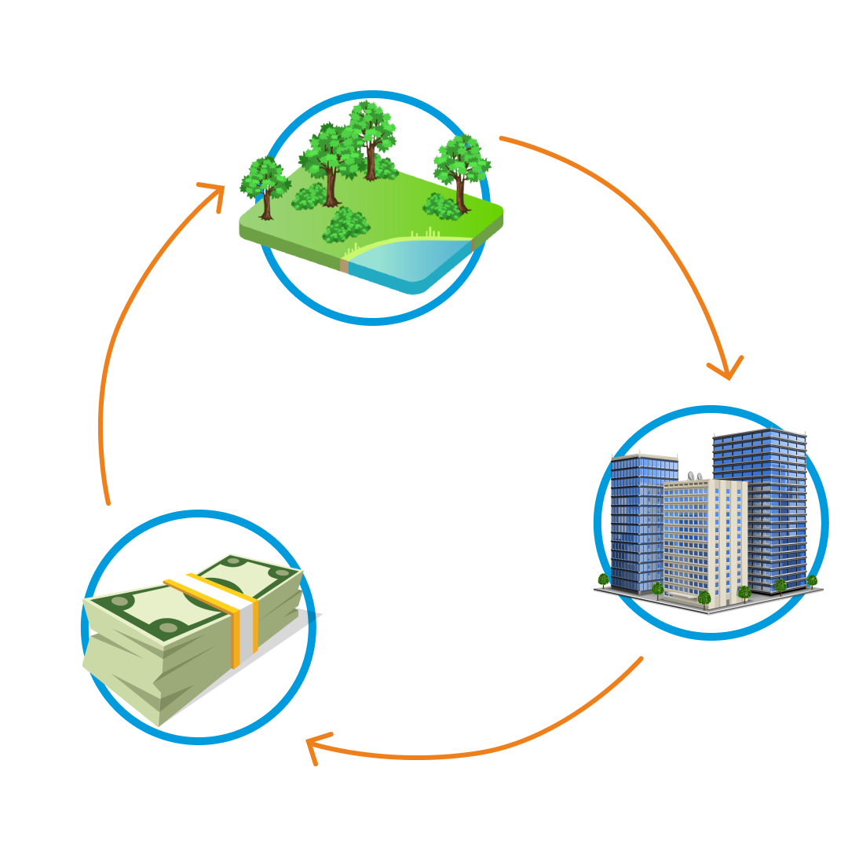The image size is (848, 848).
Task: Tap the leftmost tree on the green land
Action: [x=265, y=185]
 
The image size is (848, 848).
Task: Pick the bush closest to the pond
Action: [x=345, y=225]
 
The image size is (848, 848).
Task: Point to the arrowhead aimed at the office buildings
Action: [x=727, y=368]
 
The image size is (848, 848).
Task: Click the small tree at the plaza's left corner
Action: [x=603, y=580]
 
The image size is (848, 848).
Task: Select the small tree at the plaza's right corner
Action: [x=812, y=581]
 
